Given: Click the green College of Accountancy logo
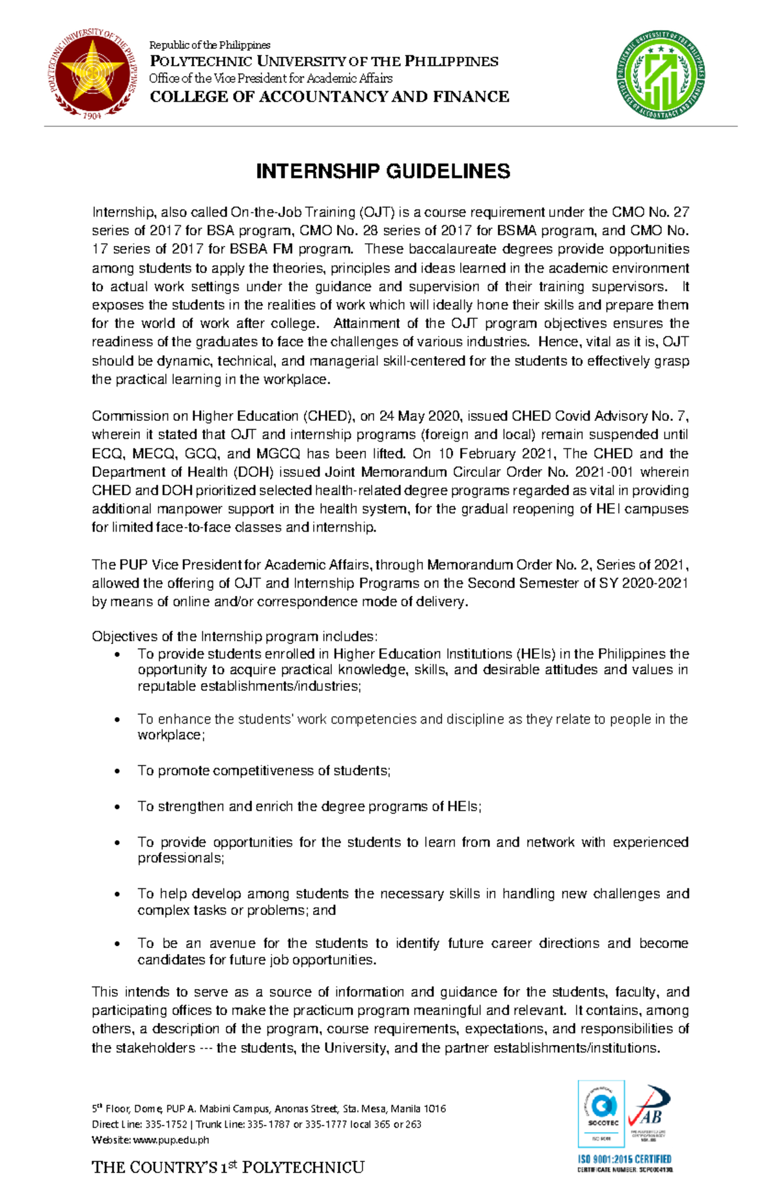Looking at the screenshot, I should point(661,75).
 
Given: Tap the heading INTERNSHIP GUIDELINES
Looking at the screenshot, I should point(383,171).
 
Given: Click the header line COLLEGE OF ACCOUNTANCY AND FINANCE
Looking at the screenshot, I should point(329,97).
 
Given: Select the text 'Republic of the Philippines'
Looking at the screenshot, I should point(210,45).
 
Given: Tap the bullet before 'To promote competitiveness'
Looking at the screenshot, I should point(117,772).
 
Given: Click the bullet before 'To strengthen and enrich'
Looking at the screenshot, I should point(117,807).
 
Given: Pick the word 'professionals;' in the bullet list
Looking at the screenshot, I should point(180,858).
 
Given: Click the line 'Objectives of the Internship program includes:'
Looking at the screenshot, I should point(234,636).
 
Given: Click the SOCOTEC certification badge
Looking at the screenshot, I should point(602,1113).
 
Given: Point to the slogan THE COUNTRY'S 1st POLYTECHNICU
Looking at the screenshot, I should point(228,1167).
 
